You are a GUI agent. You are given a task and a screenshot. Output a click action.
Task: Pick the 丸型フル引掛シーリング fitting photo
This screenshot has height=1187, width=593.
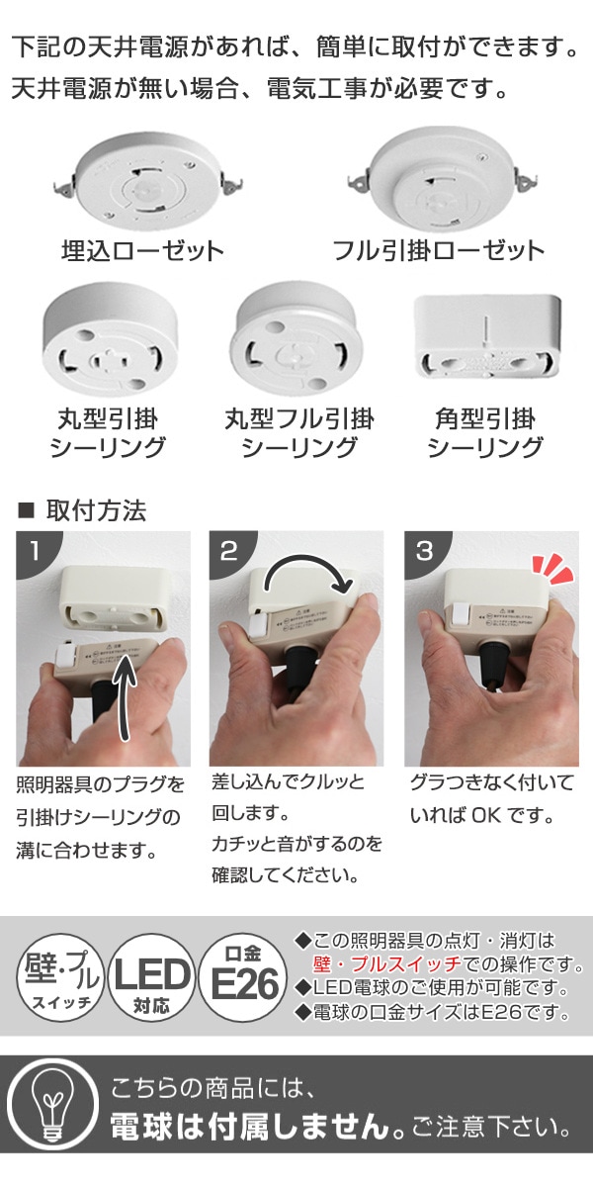point(295,342)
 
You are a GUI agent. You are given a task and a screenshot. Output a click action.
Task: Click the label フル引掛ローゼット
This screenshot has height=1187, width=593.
point(438,249)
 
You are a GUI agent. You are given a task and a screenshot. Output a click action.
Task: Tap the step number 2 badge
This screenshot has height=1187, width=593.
point(228,551)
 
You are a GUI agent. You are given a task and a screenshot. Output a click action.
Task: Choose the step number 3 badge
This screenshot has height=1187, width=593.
point(424,551)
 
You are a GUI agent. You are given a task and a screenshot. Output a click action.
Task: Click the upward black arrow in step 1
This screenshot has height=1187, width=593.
point(127,703)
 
